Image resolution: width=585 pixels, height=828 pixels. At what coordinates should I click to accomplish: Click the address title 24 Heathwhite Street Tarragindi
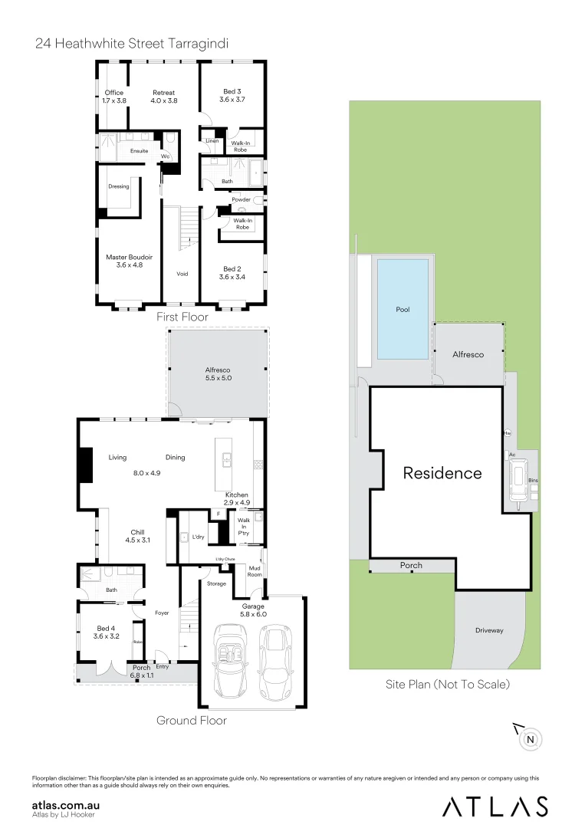pyautogui.click(x=131, y=44)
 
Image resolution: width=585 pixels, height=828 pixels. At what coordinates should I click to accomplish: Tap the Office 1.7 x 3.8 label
pyautogui.click(x=114, y=97)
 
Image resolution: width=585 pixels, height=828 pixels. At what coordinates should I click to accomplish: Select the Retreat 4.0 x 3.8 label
pyautogui.click(x=163, y=97)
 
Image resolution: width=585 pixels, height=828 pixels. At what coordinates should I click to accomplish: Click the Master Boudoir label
pyautogui.click(x=129, y=261)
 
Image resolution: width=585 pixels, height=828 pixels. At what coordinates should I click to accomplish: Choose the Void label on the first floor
pyautogui.click(x=182, y=273)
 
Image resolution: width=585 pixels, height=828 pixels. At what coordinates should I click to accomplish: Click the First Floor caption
pyautogui.click(x=182, y=317)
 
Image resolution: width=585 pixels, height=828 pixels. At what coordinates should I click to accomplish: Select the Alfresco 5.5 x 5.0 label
pyautogui.click(x=218, y=373)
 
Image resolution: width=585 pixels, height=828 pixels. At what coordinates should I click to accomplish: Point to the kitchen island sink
pyautogui.click(x=228, y=459)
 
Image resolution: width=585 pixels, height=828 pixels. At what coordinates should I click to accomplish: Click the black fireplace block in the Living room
pyautogui.click(x=84, y=465)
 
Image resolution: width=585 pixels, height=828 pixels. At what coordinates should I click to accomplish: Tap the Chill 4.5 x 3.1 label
pyautogui.click(x=137, y=536)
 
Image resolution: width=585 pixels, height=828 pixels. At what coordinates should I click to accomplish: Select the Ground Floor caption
pyautogui.click(x=191, y=720)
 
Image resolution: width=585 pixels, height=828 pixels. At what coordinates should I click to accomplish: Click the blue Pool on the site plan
pyautogui.click(x=403, y=309)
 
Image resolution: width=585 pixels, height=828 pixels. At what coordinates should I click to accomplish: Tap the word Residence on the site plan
pyautogui.click(x=442, y=473)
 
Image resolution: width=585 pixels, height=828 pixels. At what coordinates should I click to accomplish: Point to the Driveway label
pyautogui.click(x=489, y=630)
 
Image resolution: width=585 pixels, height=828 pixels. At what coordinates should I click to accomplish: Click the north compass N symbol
pyautogui.click(x=531, y=739)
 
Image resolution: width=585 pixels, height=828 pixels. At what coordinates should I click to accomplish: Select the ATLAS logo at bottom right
pyautogui.click(x=495, y=806)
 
